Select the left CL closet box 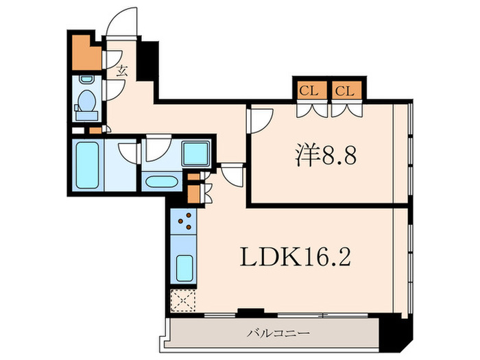[x=307, y=90]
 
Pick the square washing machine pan [x=196, y=155]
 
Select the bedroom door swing [x=261, y=120]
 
